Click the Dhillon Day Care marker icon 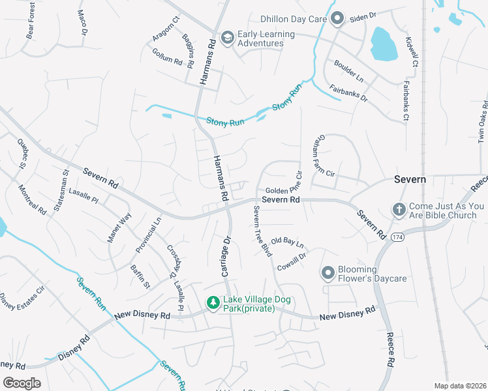click(x=337, y=19)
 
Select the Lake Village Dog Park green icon click(x=212, y=303)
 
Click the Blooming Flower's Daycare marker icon click(x=328, y=274)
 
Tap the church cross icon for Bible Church click(x=399, y=210)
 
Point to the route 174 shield click(x=396, y=239)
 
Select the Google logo click(x=22, y=383)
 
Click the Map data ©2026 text click(x=459, y=386)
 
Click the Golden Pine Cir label click(x=284, y=184)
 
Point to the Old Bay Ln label click(x=288, y=242)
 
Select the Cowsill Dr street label click(x=291, y=261)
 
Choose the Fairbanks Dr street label click(x=348, y=94)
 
